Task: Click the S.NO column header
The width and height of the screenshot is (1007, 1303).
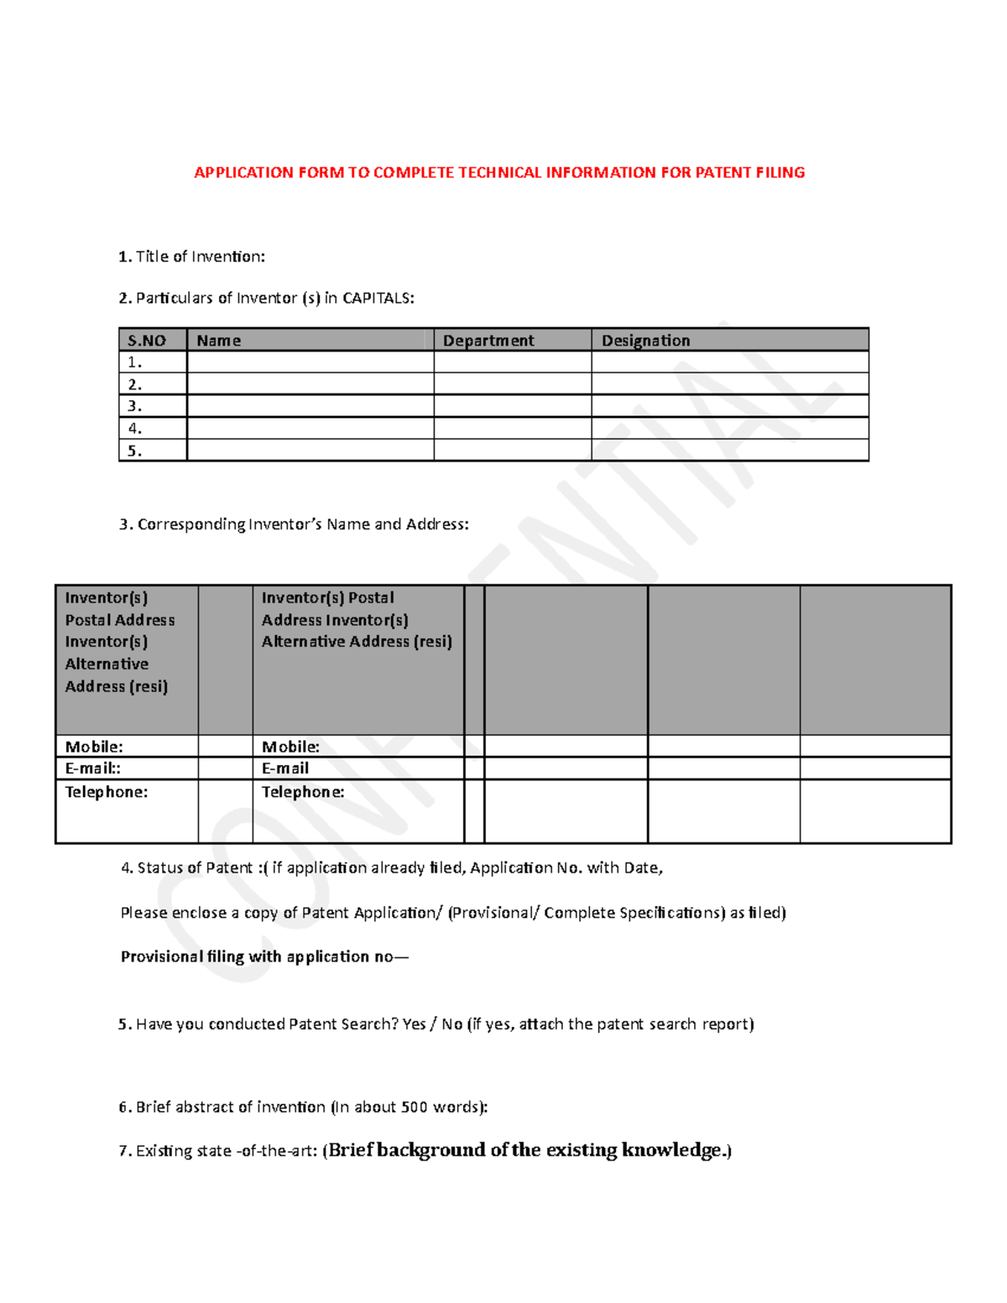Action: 146,341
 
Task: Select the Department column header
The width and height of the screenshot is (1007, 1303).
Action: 488,341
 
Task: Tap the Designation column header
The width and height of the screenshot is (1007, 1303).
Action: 645,341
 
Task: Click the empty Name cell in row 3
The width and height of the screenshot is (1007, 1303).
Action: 310,406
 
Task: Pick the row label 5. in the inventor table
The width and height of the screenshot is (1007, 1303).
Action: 134,451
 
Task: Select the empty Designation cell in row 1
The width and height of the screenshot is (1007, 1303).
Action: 729,362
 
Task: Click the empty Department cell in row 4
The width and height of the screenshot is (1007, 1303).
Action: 512,428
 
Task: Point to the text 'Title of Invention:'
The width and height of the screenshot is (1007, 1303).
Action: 200,257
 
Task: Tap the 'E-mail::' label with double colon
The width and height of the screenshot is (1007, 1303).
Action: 92,769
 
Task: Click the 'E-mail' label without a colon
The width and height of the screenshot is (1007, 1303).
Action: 284,769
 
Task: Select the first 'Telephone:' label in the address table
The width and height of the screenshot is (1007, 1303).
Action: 106,792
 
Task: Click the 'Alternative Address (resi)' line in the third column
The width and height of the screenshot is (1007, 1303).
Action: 356,642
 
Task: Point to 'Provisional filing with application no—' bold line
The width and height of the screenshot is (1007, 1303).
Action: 263,956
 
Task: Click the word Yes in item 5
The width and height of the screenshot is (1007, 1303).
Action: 414,1024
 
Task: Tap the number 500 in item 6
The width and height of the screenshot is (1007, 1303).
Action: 414,1108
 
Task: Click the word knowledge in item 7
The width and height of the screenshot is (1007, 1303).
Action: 670,1150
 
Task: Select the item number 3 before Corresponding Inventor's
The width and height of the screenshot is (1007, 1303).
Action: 124,524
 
